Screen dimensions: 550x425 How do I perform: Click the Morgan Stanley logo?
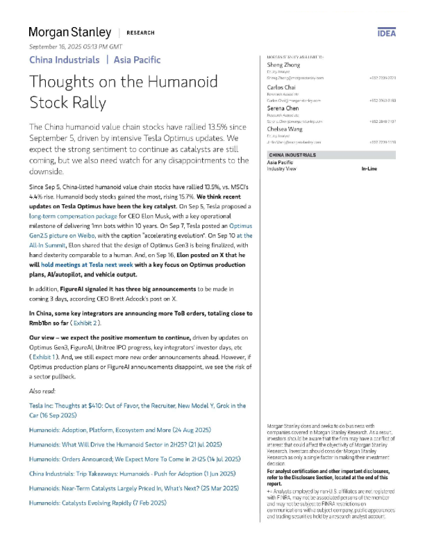pyautogui.click(x=69, y=32)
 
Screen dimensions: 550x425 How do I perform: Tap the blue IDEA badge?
pyautogui.click(x=386, y=33)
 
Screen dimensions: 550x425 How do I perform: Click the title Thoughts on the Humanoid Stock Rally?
pyautogui.click(x=115, y=92)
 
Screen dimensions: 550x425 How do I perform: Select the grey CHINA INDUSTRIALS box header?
pyautogui.click(x=296, y=155)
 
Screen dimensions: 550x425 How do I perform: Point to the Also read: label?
pyautogui.click(x=44, y=392)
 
